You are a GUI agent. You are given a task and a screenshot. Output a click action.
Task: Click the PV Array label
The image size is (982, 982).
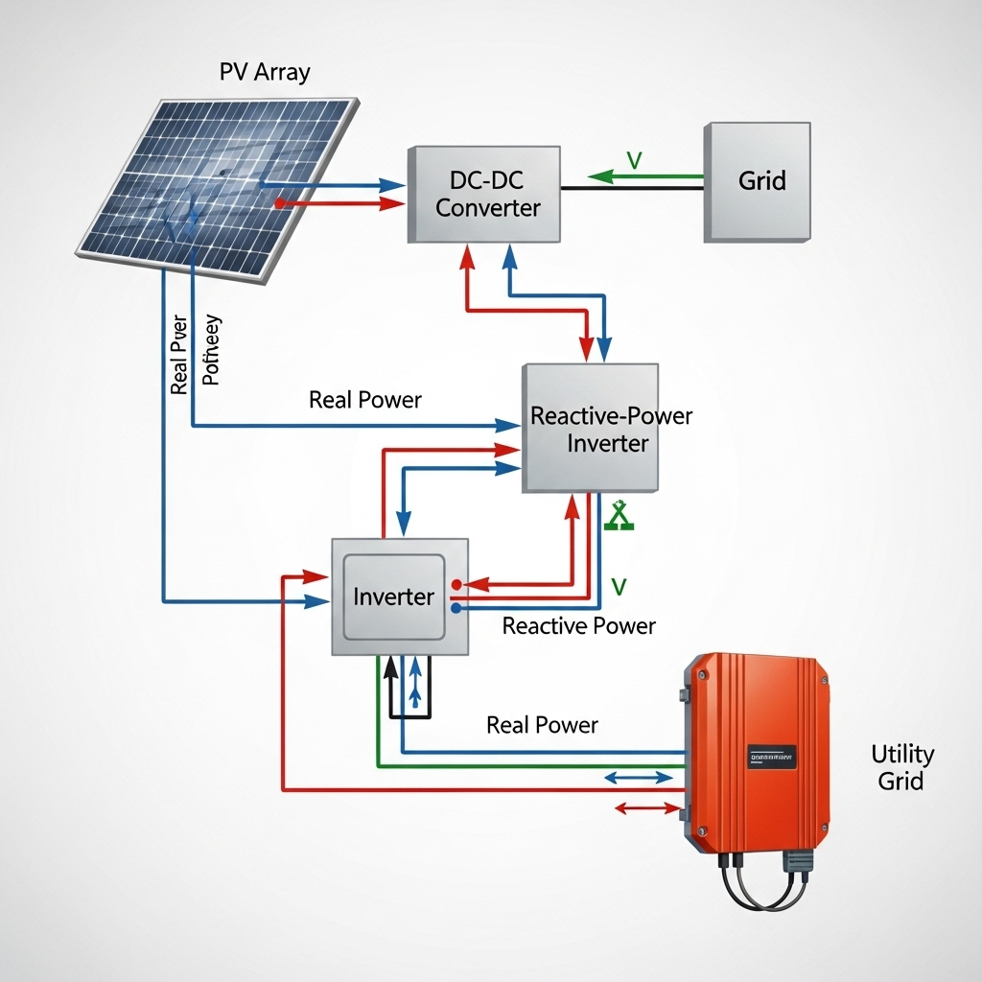point(265,72)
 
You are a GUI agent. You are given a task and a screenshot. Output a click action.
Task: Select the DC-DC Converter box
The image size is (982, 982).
point(486,195)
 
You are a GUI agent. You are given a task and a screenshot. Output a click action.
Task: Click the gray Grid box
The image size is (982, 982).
point(758,181)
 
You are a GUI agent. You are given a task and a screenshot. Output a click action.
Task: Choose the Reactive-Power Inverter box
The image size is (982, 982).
point(591,429)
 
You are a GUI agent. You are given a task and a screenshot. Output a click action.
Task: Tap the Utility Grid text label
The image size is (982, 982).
point(901,766)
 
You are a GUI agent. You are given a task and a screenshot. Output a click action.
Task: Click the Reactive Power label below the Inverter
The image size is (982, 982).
point(579,626)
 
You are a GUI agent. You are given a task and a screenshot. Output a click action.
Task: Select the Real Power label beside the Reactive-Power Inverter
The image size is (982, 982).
point(364,400)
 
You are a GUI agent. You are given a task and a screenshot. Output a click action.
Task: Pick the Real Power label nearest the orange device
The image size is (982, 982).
point(542,725)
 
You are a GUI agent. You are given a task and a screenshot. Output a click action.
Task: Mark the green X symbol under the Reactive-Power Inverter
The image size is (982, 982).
point(619,517)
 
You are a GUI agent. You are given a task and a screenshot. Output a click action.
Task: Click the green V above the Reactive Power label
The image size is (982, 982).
point(619,586)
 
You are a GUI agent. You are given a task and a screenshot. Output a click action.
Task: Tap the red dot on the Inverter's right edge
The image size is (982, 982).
point(456,583)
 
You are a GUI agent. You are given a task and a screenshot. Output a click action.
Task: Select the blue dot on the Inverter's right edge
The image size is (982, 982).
point(456,607)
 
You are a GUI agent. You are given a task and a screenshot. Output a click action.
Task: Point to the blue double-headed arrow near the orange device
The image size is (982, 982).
point(639,778)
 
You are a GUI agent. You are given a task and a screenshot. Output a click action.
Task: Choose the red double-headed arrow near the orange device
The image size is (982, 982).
point(644,808)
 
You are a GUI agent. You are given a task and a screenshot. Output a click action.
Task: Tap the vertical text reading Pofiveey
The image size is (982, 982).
point(212,350)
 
